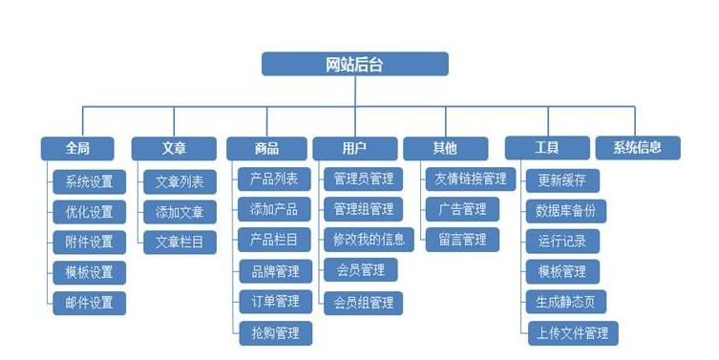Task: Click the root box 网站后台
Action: (355, 64)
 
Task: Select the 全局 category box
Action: (77, 148)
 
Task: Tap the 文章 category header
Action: (174, 148)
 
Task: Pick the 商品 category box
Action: (266, 148)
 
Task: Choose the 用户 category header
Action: (355, 148)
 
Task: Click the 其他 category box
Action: (445, 148)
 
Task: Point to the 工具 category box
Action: (547, 148)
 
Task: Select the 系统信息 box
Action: (638, 148)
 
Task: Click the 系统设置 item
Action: (89, 181)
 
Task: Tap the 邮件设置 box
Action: (89, 303)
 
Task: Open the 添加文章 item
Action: (180, 211)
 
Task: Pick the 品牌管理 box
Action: (275, 271)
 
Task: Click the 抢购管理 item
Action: (275, 332)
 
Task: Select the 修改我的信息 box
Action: (364, 239)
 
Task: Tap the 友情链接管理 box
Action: (470, 179)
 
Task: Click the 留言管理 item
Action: (462, 239)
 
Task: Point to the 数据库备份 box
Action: (566, 210)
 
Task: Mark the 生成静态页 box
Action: (566, 302)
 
